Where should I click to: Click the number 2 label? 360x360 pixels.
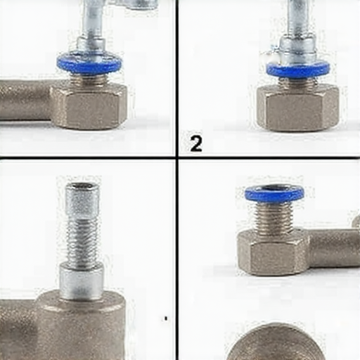point(196,143)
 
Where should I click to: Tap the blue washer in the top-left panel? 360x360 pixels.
point(89,63)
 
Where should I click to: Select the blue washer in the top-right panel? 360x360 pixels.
point(298,70)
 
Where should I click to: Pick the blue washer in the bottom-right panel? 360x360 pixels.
point(275,194)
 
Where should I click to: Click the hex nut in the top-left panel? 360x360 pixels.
point(89,107)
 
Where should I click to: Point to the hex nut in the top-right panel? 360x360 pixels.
point(297,108)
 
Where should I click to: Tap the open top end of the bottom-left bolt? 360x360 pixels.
point(82,186)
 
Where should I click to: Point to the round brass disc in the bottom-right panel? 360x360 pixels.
point(276,342)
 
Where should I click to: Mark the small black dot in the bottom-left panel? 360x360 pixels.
point(166,319)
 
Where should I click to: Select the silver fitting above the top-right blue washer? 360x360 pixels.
point(297,49)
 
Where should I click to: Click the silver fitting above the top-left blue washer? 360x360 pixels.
point(91,45)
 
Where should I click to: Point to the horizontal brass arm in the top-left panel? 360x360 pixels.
point(25,101)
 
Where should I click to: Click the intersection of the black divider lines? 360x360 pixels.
point(177,157)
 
